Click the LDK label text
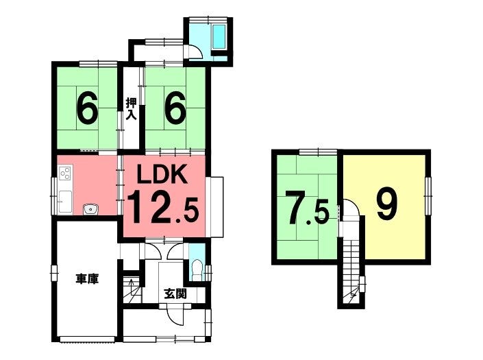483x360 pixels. click(162, 174)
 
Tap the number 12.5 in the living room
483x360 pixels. click(162, 207)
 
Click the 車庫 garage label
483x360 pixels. click(87, 279)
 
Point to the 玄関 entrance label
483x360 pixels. click(175, 293)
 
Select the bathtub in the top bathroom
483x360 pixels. click(219, 36)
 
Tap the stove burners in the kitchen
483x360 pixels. click(65, 173)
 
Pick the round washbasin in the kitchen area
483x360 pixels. click(90, 209)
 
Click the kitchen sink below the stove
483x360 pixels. click(65, 202)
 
